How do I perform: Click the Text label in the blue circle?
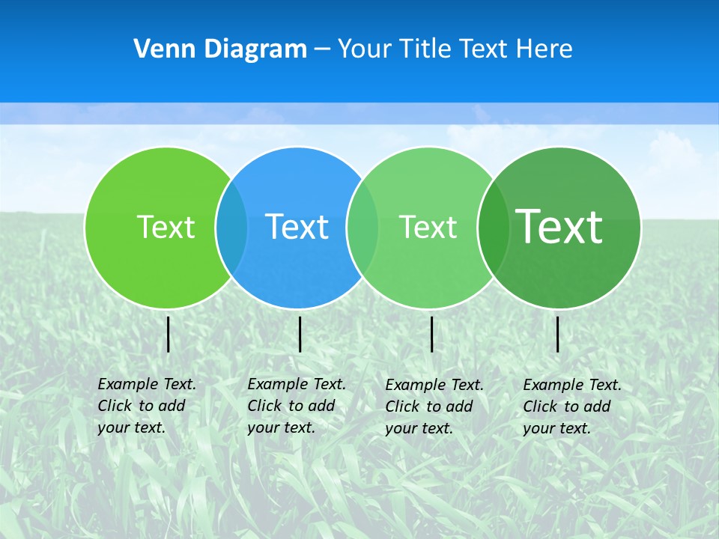(297, 226)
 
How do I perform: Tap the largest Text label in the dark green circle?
(559, 226)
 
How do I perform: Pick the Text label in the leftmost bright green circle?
(166, 226)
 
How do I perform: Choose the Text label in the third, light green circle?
(428, 226)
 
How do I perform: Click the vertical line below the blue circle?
(300, 335)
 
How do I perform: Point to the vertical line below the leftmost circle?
(168, 335)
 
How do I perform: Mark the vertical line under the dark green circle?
(558, 335)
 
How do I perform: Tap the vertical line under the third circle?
(431, 335)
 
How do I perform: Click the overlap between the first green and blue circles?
(231, 227)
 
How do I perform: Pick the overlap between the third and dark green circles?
(494, 227)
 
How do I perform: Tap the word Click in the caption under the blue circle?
(264, 406)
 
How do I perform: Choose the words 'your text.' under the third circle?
(419, 428)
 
